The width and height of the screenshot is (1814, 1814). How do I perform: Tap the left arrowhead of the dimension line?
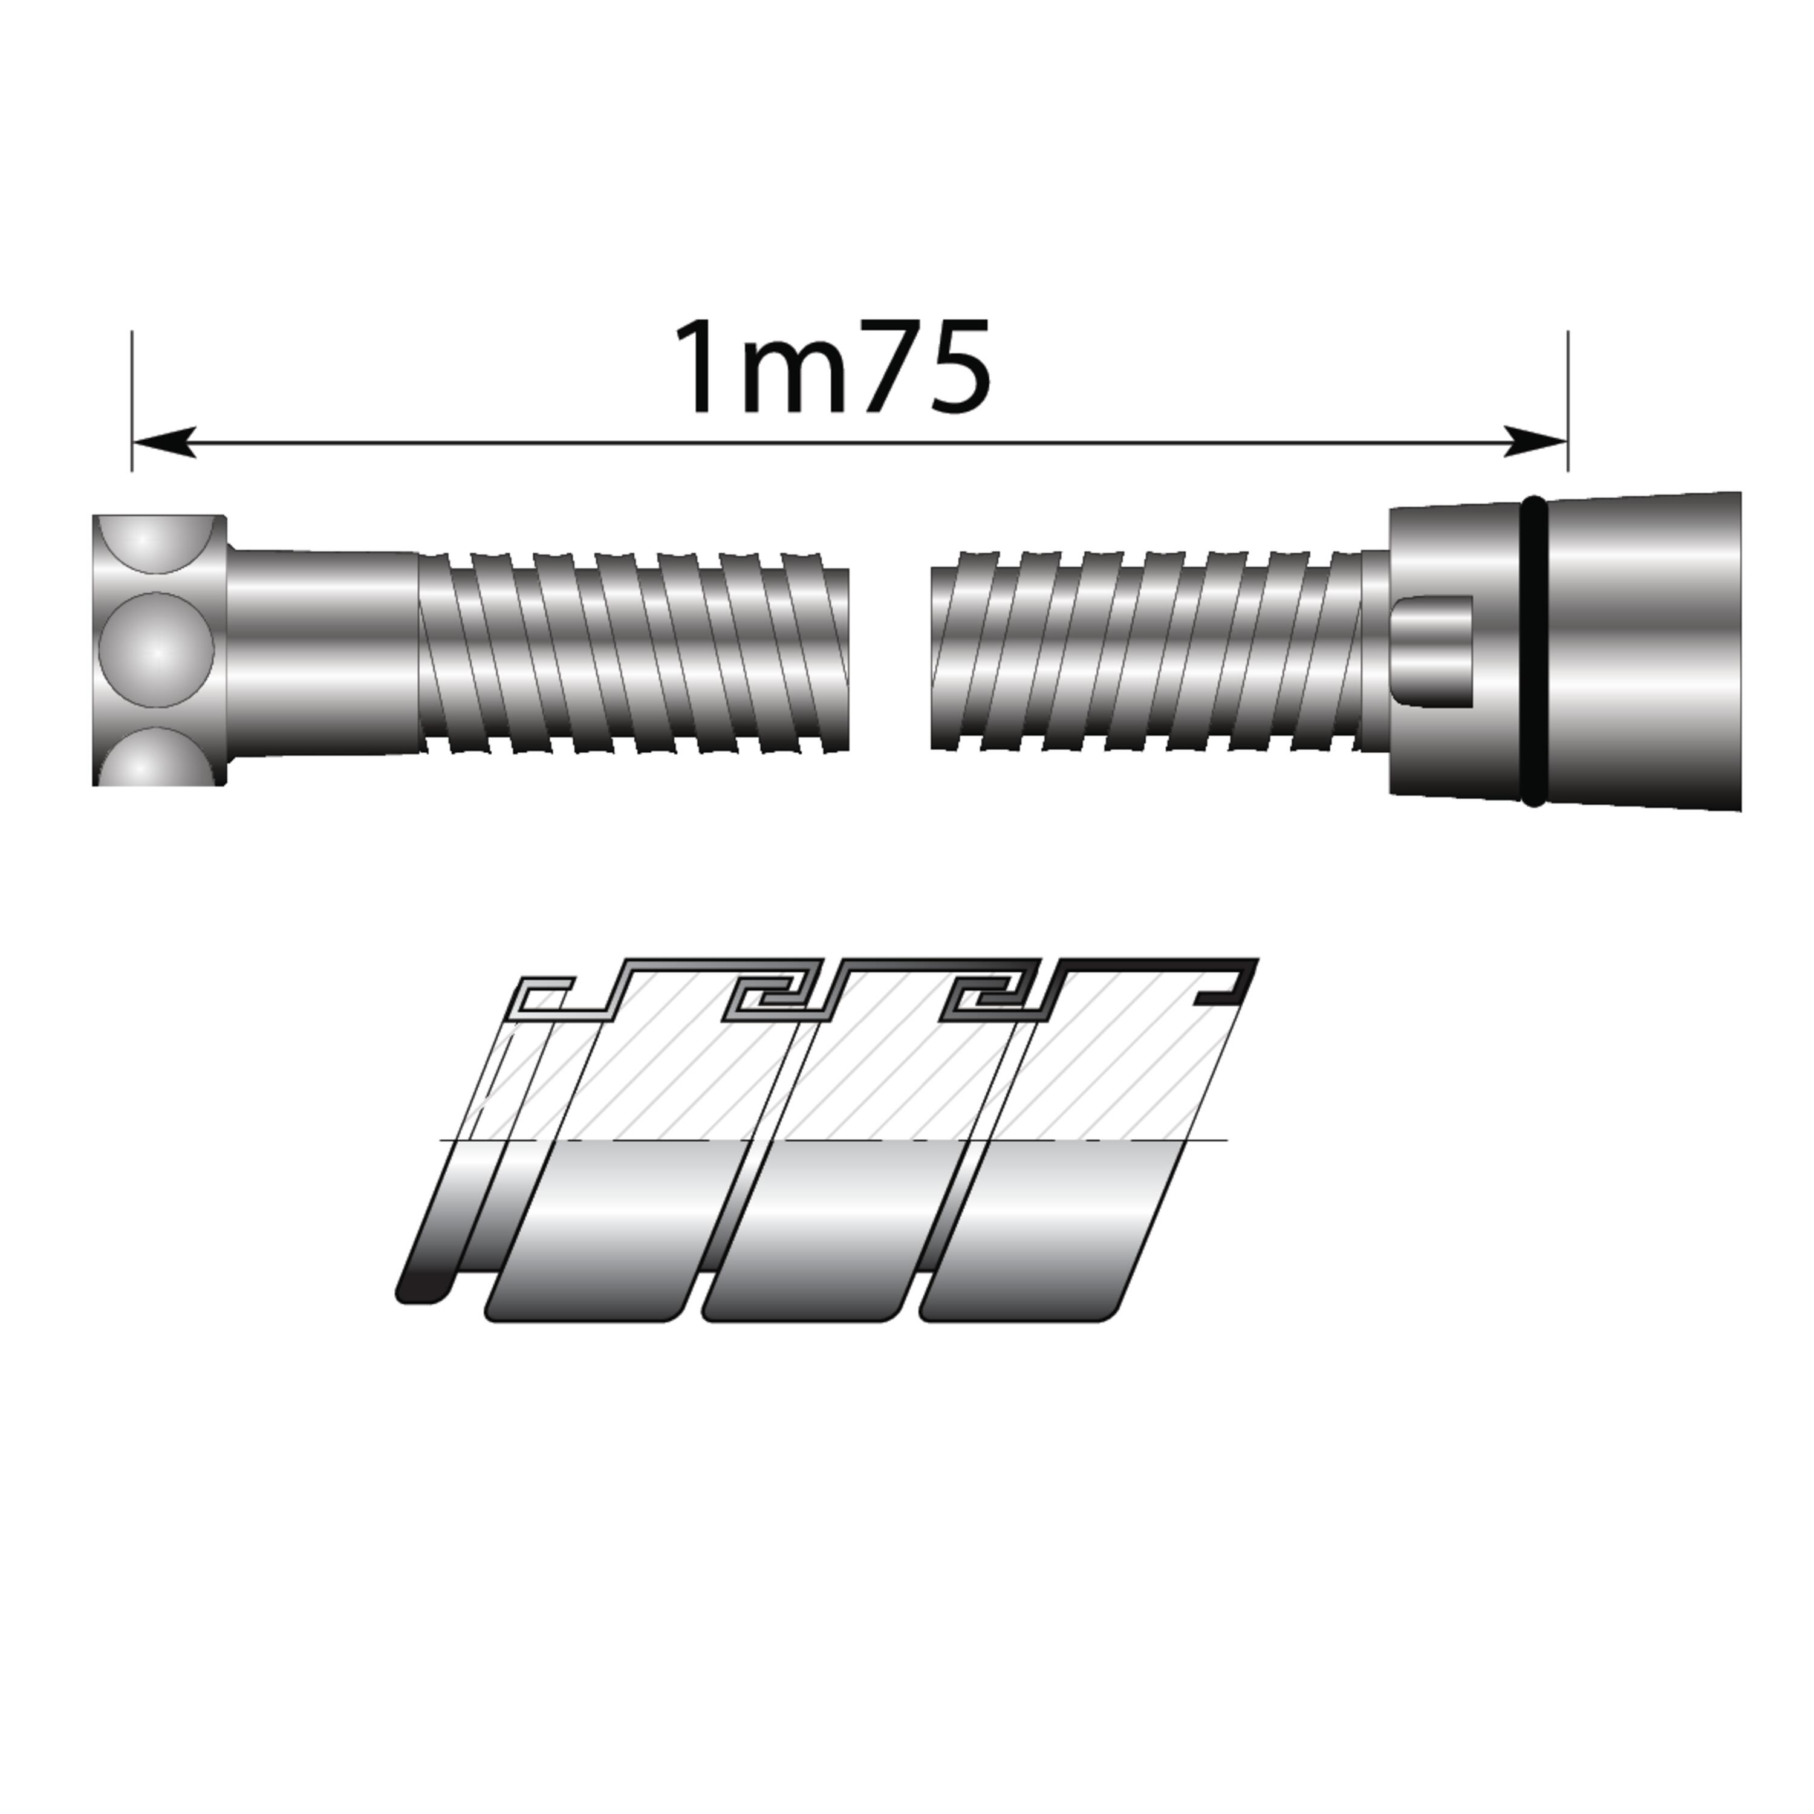tap(164, 441)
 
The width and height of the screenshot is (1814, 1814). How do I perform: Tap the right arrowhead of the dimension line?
tap(1535, 441)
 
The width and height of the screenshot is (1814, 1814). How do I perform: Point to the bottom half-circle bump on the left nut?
tap(156, 757)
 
